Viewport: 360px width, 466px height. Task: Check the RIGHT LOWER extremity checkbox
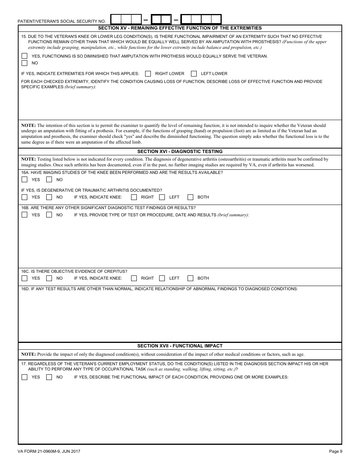pyautogui.click(x=148, y=73)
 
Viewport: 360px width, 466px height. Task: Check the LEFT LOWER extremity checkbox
pyautogui.click(x=194, y=73)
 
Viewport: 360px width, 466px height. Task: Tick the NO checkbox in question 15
pyautogui.click(x=25, y=63)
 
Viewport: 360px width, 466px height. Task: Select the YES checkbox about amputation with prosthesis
pyautogui.click(x=25, y=56)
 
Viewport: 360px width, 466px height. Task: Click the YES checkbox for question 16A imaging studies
pyautogui.click(x=25, y=180)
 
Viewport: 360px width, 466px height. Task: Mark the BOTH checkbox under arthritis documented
pyautogui.click(x=191, y=197)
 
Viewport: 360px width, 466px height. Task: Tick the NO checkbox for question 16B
pyautogui.click(x=49, y=215)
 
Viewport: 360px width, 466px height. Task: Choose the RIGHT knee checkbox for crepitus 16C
pyautogui.click(x=134, y=278)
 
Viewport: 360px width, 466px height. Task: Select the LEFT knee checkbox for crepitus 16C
pyautogui.click(x=162, y=278)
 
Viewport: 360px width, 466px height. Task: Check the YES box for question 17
pyautogui.click(x=25, y=377)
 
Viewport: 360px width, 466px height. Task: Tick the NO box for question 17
pyautogui.click(x=49, y=377)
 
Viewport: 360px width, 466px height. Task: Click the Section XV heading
pyautogui.click(x=180, y=28)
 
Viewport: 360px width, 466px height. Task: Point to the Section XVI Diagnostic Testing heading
pyautogui.click(x=180, y=152)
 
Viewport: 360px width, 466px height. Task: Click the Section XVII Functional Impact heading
pyautogui.click(x=180, y=346)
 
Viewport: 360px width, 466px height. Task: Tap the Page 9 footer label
pyautogui.click(x=335, y=451)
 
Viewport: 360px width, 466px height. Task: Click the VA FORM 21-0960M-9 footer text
pyautogui.click(x=49, y=451)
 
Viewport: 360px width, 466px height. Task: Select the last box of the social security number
pyautogui.click(x=216, y=19)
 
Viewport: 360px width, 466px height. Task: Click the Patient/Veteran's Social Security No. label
pyautogui.click(x=62, y=22)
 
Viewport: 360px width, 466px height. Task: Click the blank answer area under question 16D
pyautogui.click(x=180, y=316)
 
